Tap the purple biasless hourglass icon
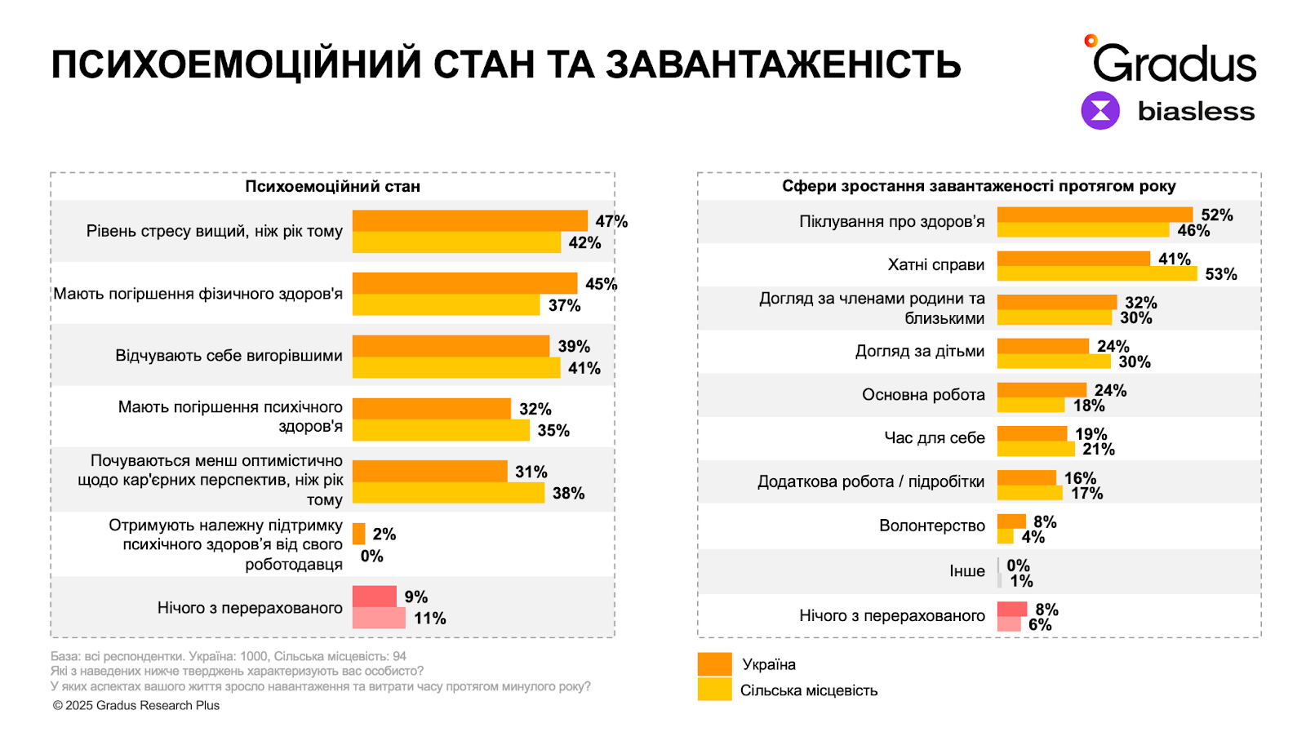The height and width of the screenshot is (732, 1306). click(1100, 110)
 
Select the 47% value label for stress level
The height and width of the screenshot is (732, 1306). click(611, 221)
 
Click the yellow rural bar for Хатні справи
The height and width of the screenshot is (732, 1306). click(1096, 273)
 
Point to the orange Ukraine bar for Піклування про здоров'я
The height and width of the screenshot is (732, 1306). click(1094, 215)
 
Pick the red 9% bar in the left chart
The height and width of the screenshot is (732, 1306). click(374, 597)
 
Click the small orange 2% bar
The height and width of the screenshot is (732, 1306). click(358, 534)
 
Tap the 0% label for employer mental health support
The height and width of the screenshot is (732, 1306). click(371, 556)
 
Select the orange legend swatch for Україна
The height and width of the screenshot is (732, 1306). click(714, 664)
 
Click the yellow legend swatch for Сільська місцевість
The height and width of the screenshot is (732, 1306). click(714, 690)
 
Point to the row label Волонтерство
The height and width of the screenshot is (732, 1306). click(931, 526)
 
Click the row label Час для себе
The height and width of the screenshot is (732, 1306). click(934, 437)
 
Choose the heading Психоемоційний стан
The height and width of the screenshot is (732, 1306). click(332, 186)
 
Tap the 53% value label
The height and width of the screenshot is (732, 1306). click(1220, 274)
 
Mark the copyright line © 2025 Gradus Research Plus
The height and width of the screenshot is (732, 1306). click(136, 705)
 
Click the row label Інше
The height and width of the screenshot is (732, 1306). click(966, 570)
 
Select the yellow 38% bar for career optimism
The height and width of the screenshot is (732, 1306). click(448, 493)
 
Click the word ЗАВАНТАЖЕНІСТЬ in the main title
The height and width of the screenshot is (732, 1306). click(783, 64)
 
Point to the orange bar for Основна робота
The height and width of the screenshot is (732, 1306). click(1042, 390)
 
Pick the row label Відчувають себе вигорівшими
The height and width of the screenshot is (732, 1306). click(229, 356)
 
